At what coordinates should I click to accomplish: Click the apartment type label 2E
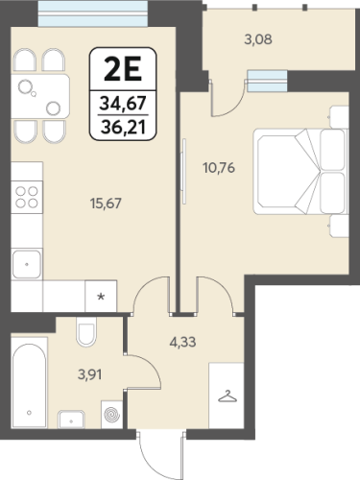point(123,70)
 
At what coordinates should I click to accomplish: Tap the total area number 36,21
point(123,128)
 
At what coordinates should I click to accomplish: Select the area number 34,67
point(123,104)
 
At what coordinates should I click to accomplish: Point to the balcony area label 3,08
point(258,39)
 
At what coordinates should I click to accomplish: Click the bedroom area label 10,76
point(219,168)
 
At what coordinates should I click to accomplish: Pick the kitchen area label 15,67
point(106,204)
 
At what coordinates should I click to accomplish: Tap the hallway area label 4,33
point(182,342)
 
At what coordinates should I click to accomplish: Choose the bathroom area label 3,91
point(90,374)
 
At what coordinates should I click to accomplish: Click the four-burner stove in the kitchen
point(27,197)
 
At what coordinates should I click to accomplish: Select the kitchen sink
point(27,265)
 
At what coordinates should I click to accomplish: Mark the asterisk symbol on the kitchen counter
point(101,297)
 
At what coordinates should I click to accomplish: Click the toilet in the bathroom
point(86,332)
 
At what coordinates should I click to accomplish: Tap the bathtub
point(30,385)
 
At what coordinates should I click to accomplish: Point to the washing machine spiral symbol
point(112,415)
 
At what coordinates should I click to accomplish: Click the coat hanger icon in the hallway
point(228,396)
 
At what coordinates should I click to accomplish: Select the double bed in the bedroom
point(300,171)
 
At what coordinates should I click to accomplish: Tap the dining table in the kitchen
point(40,97)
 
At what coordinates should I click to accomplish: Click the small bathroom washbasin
point(71,420)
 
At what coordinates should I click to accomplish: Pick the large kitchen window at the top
point(93,13)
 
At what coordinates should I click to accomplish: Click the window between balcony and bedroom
point(267,82)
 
